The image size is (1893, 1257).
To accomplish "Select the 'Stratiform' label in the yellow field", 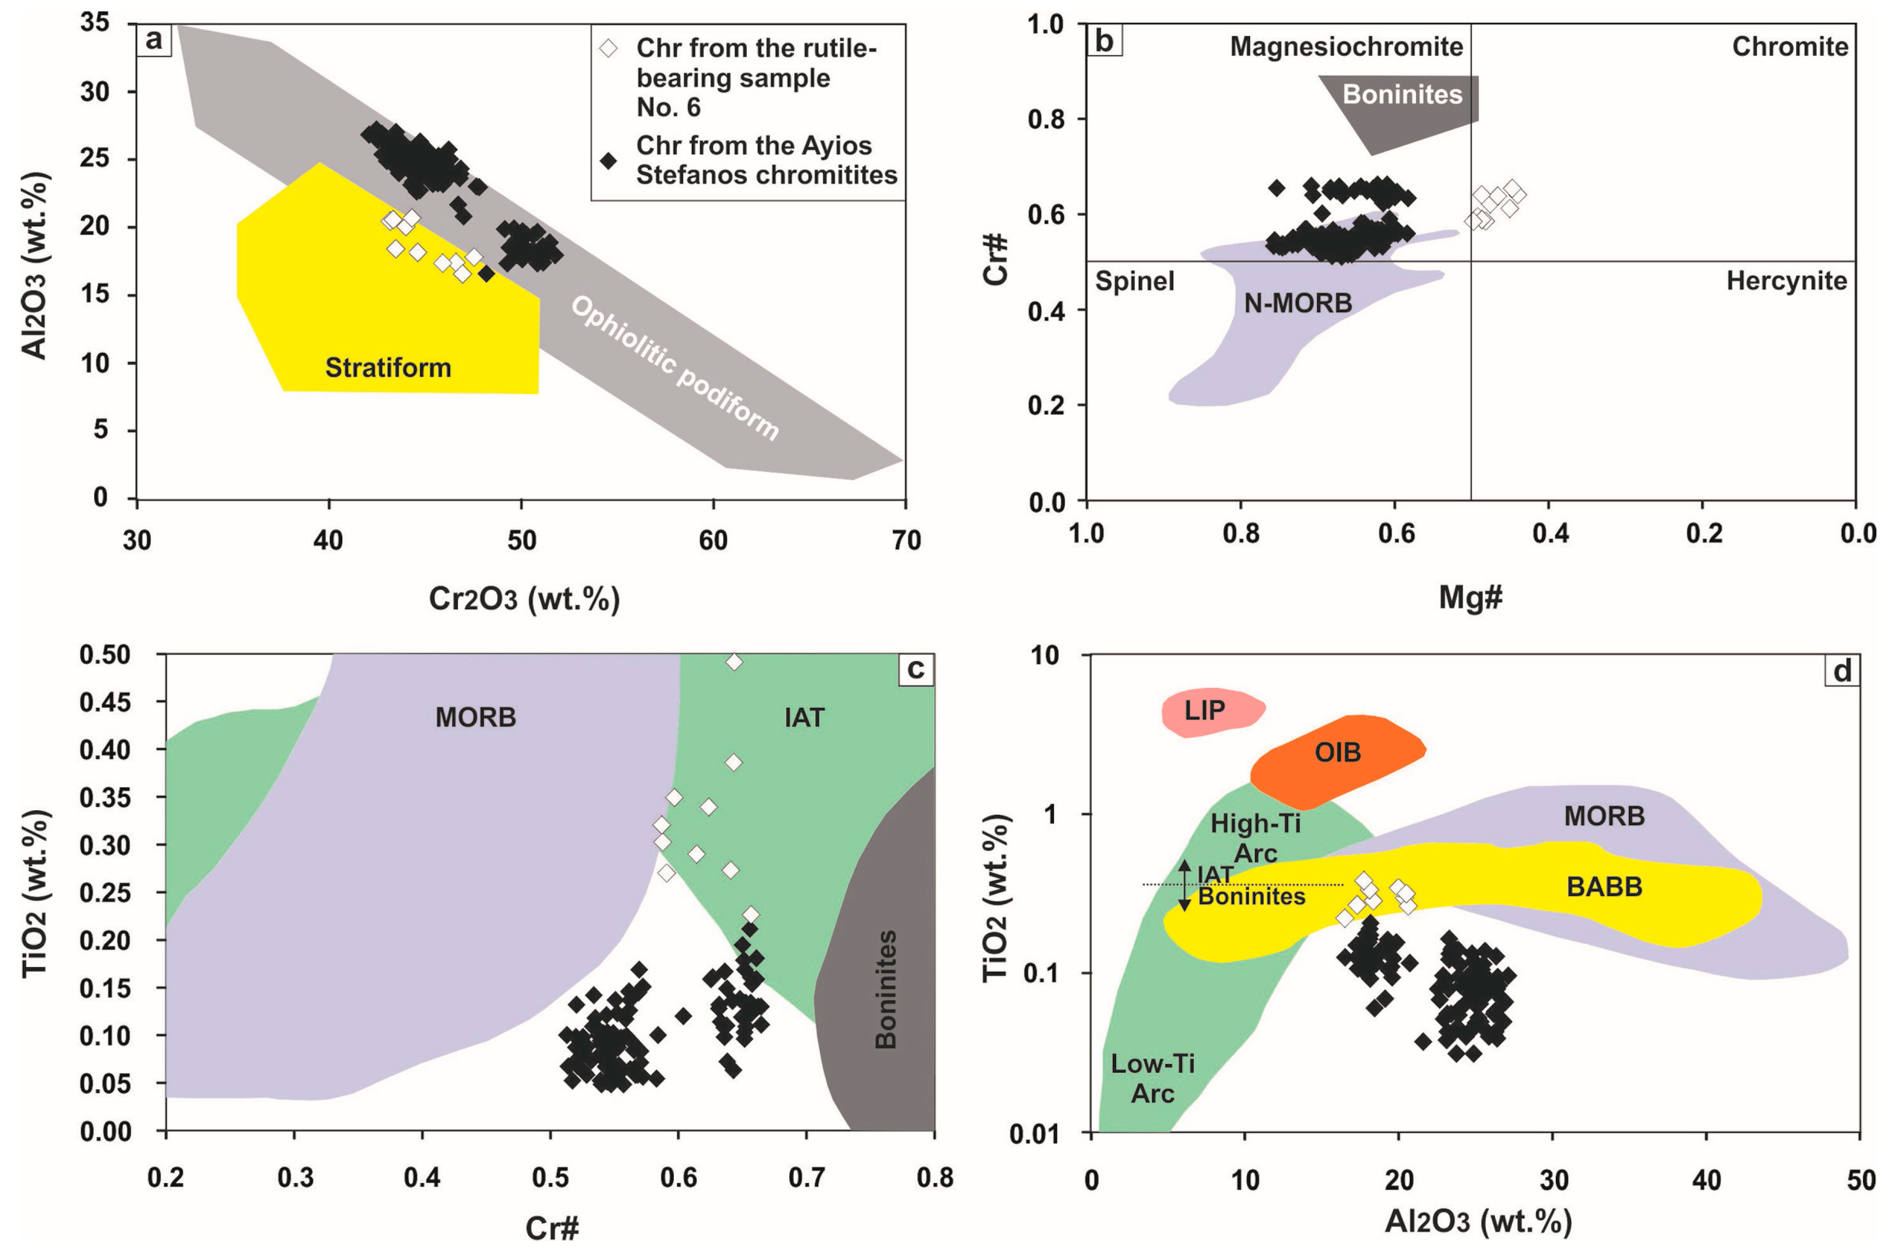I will (388, 368).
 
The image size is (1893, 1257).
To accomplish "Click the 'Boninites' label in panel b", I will (1403, 95).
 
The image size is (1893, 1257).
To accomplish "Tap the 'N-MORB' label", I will (1297, 303).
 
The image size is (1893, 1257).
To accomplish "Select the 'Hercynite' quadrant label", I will (1786, 282).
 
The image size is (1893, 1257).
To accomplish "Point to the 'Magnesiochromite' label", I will (1346, 47).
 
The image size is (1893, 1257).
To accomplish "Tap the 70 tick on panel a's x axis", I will (906, 541).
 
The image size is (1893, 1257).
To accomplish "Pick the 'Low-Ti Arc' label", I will (1152, 1078).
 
